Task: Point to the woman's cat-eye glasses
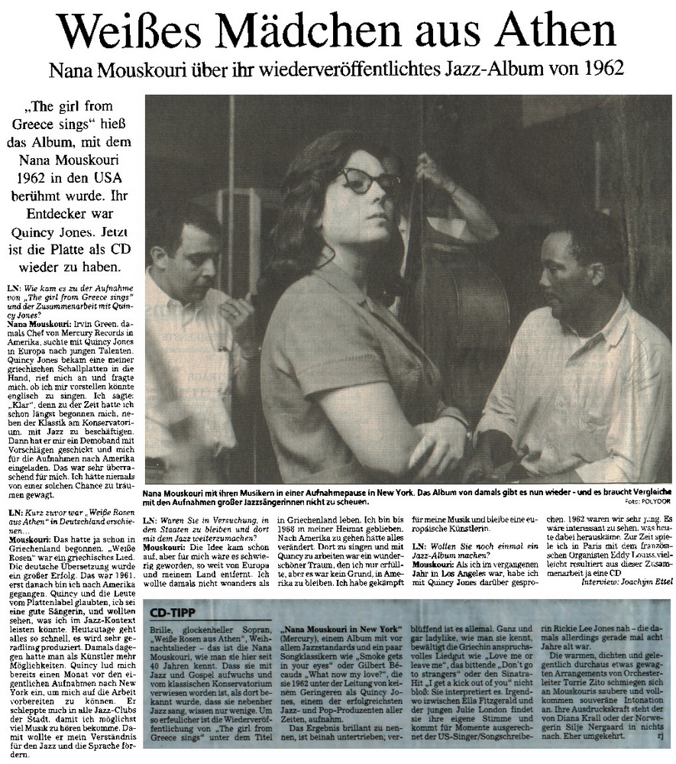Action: coord(369,182)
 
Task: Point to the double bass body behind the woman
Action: coord(458,321)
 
